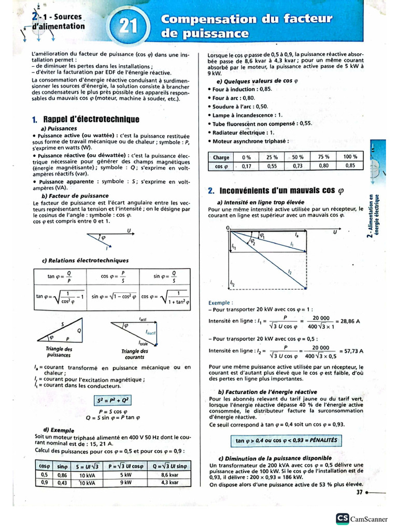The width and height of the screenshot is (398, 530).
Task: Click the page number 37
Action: point(359,492)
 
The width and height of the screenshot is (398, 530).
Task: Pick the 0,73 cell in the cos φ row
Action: point(297,166)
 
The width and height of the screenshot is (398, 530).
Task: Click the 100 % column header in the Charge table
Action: point(350,157)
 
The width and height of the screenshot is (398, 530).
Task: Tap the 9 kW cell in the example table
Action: point(125,482)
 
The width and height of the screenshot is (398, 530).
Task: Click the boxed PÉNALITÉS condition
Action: point(286,440)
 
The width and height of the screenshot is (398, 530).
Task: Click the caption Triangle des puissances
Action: point(59,352)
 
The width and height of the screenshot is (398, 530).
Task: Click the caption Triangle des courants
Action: point(134,355)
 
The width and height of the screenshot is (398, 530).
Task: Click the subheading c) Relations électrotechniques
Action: point(85,260)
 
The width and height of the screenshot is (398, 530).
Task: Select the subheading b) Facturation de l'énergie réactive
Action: point(267,392)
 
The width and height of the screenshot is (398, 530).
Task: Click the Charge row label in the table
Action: point(221,157)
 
